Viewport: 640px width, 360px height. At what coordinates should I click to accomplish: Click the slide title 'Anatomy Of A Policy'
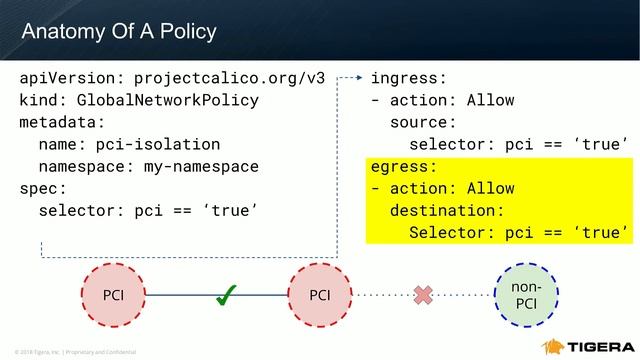(x=119, y=31)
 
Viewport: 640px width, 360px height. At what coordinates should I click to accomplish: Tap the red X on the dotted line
(x=423, y=294)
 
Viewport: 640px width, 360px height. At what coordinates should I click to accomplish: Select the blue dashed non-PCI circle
(x=526, y=295)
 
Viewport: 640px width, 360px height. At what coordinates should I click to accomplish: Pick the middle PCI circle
(x=319, y=295)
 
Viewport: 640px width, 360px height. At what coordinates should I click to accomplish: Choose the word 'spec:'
(x=43, y=188)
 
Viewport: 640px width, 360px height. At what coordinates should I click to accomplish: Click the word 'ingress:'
(x=409, y=78)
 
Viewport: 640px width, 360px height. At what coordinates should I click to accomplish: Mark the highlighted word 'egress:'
(x=404, y=166)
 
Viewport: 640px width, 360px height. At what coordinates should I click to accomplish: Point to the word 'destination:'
(x=447, y=210)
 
